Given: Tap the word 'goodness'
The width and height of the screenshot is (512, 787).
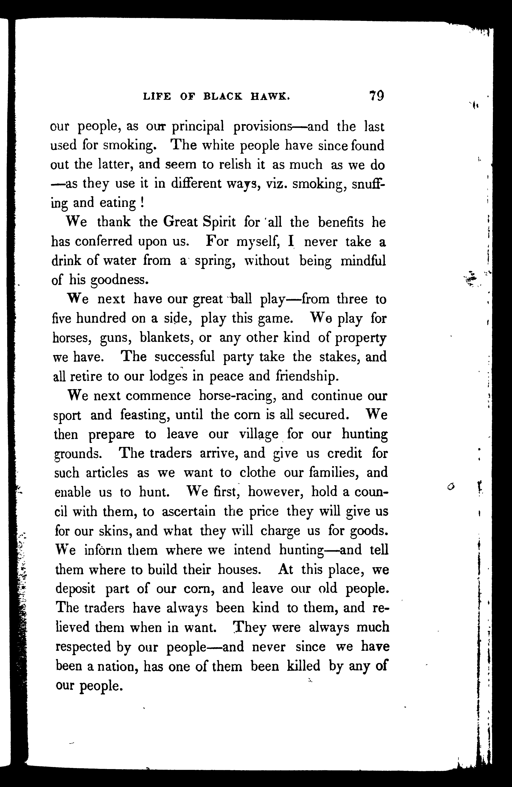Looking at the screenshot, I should coord(117,280).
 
